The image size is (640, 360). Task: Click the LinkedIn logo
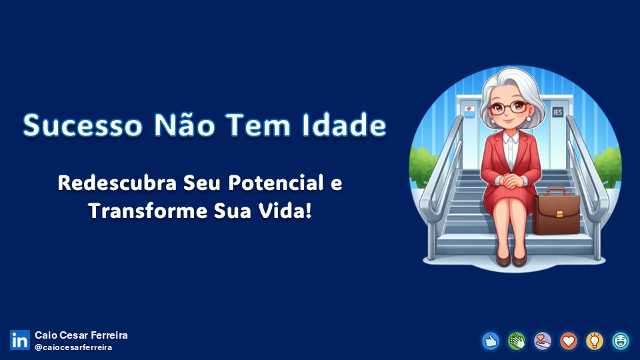[19, 340]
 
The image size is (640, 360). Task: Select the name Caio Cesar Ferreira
[81, 335]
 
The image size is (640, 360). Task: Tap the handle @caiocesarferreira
[73, 347]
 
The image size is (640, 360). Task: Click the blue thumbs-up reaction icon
[491, 341]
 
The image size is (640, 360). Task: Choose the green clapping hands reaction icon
[517, 341]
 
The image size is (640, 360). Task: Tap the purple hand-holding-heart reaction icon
[543, 341]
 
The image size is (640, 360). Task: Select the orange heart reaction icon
[569, 341]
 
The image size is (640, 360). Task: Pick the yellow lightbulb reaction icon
[595, 341]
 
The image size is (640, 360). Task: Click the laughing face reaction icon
[621, 341]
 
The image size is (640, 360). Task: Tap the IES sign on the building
[557, 112]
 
